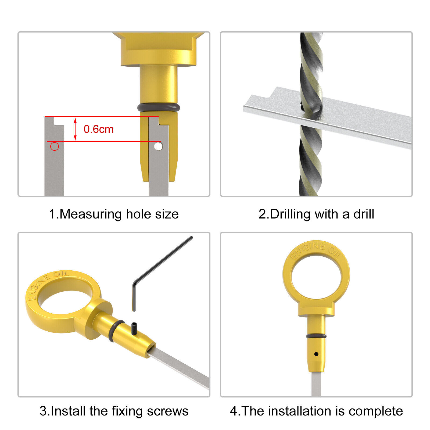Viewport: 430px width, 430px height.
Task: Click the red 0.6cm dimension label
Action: pos(99,129)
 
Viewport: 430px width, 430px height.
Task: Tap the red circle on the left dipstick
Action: pos(55,146)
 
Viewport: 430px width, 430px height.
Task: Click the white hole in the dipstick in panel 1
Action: pos(158,146)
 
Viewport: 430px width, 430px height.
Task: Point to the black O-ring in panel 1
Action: pos(159,108)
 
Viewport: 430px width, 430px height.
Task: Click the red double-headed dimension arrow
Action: pos(75,129)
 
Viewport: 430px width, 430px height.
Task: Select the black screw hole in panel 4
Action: pos(316,354)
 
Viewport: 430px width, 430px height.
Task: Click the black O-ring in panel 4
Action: pos(316,336)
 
